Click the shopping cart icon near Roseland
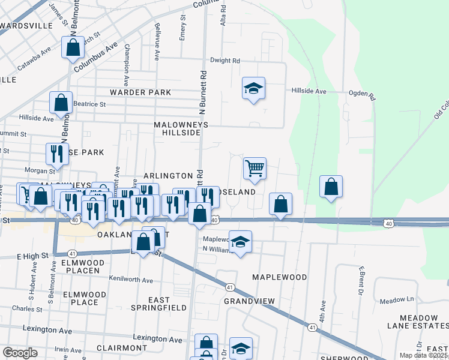[255, 169]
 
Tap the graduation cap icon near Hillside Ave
[253, 89]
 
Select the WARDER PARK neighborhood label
[140, 92]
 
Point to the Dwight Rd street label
[224, 61]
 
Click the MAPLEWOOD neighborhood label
[279, 277]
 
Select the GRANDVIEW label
[249, 301]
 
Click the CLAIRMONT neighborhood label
[121, 347]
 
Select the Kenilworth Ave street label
[131, 280]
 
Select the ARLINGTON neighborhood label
[167, 176]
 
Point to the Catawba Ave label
[37, 61]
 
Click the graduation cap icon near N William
[240, 242]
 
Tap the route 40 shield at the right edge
[389, 224]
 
